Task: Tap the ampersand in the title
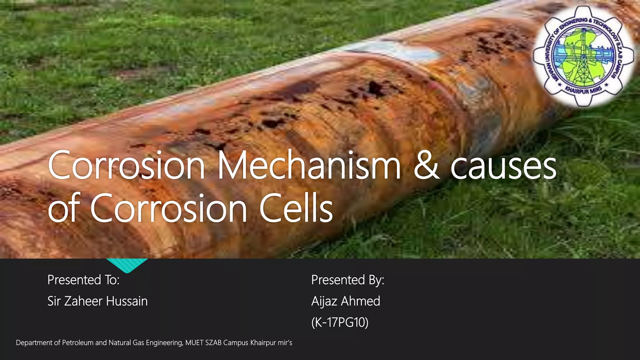point(427,166)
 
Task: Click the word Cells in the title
point(296,208)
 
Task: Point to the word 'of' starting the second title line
point(64,208)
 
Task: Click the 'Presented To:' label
point(83,280)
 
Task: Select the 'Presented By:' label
point(347,280)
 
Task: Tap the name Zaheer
point(83,301)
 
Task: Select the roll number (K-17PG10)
point(340,322)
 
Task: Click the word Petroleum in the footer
point(77,343)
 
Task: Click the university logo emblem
point(583,56)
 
